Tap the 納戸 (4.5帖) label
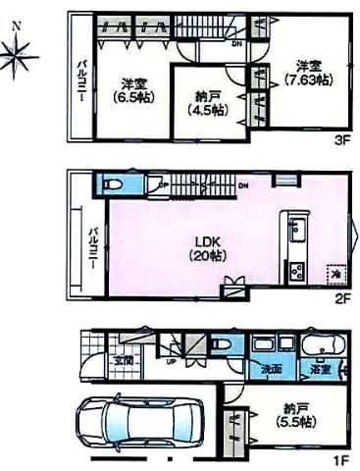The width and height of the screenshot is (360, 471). (208, 102)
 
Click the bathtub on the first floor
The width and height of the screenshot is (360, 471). (321, 345)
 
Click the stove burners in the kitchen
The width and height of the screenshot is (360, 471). (293, 271)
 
